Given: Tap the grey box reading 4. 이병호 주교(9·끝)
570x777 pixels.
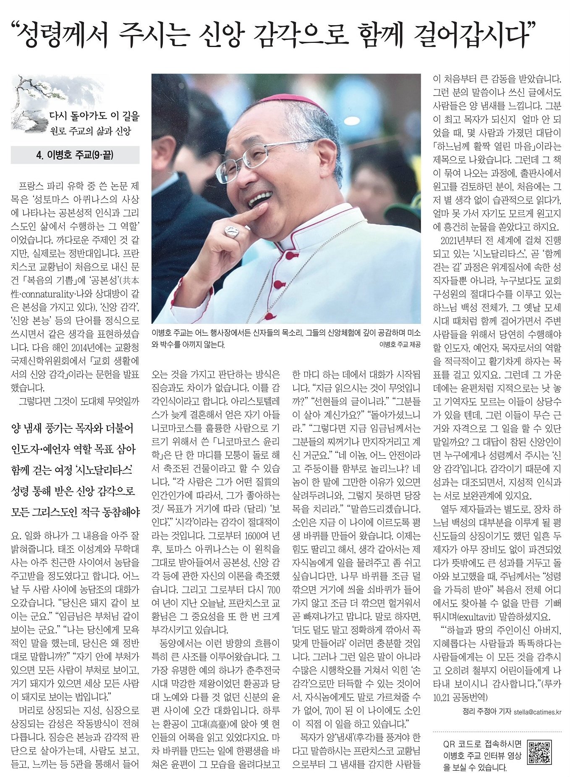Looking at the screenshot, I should [x=75, y=155].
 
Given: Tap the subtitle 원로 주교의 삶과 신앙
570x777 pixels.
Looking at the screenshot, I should [x=90, y=131].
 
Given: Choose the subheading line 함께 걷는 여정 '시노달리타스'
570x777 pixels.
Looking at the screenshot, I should [x=72, y=470].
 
